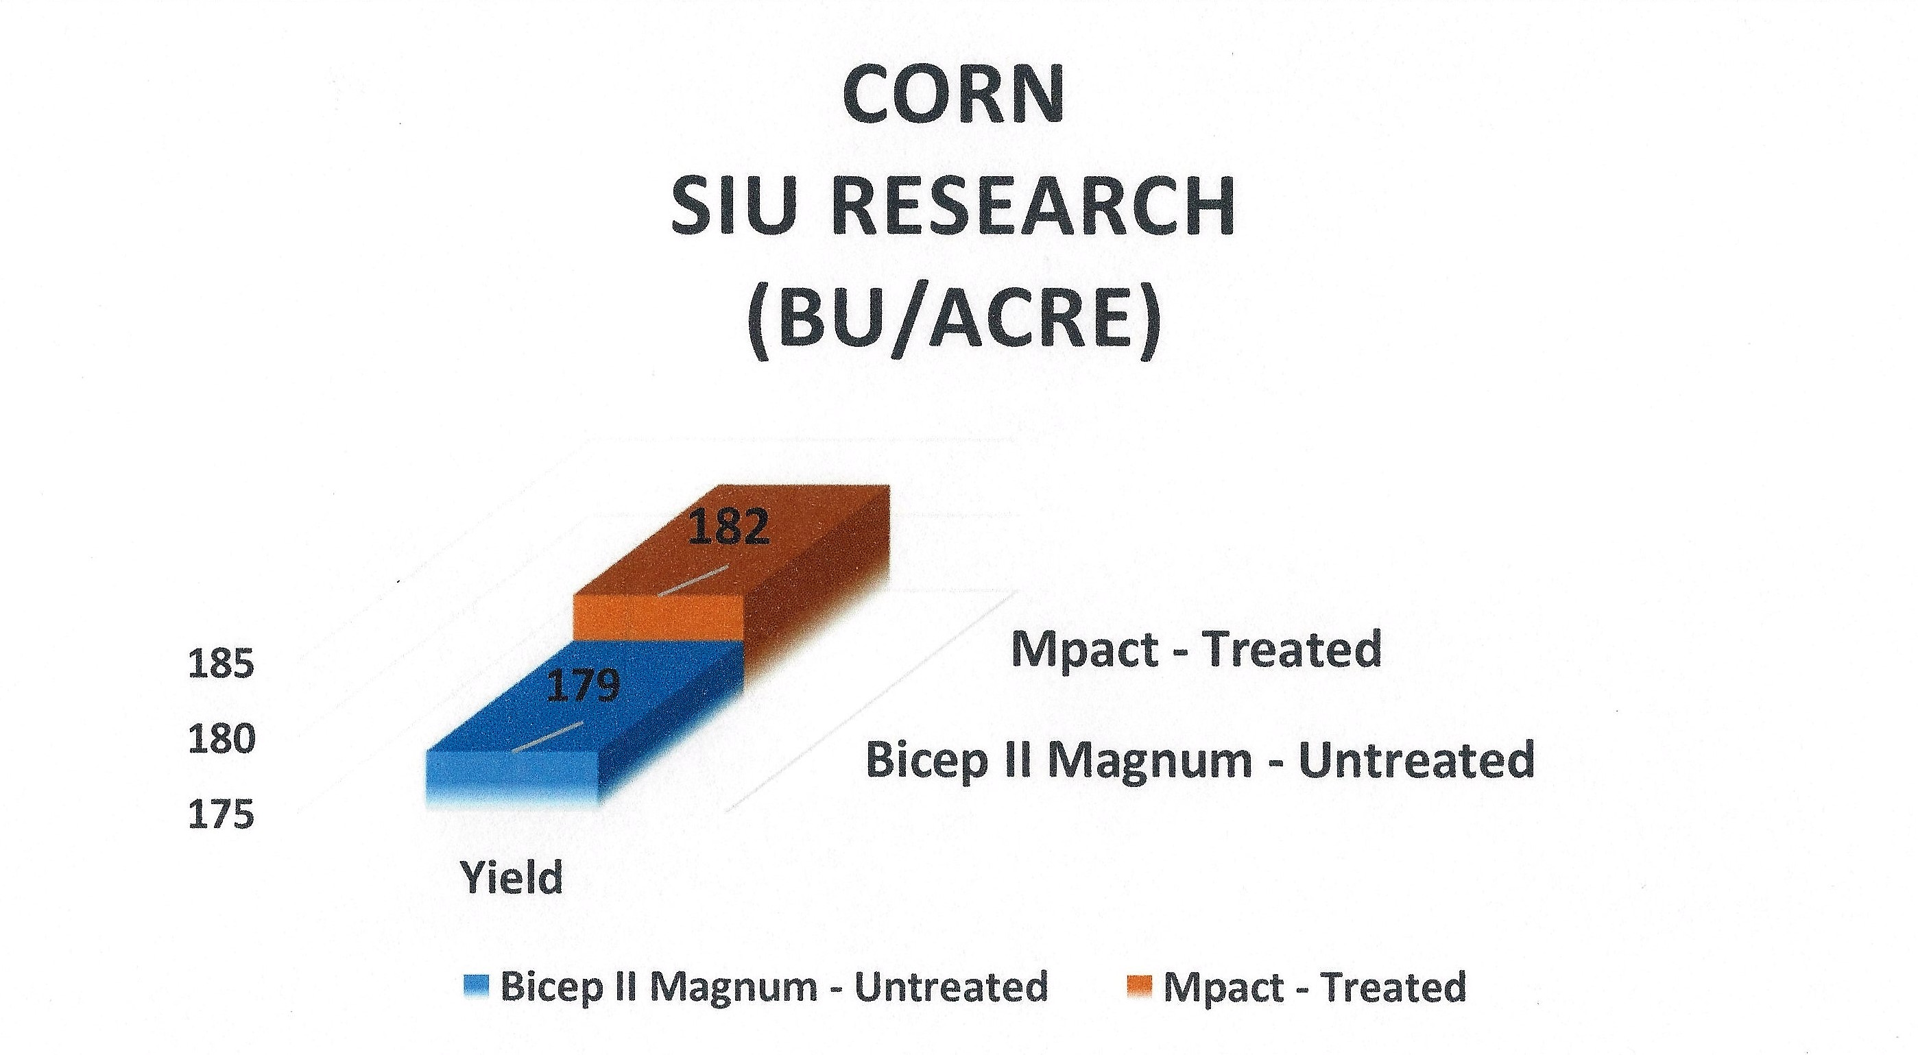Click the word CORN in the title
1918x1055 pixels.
[x=954, y=96]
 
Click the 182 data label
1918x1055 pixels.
[x=728, y=528]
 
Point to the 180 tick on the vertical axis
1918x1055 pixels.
[x=221, y=740]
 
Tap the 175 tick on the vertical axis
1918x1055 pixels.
[x=221, y=815]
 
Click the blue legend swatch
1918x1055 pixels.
[x=476, y=988]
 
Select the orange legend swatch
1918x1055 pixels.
[x=1139, y=988]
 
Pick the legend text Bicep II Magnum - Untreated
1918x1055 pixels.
[x=774, y=987]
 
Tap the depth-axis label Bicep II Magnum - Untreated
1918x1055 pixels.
[x=1199, y=760]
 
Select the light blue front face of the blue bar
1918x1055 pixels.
[x=512, y=779]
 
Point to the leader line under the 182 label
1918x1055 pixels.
[x=693, y=581]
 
